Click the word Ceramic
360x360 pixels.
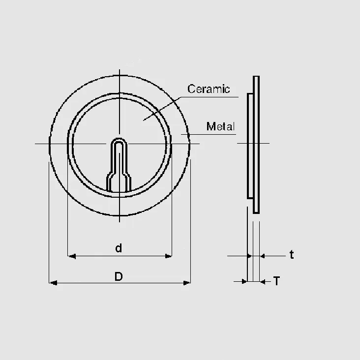[x=209, y=89]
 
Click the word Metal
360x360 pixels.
[x=221, y=126]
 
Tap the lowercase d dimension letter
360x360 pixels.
[x=119, y=248]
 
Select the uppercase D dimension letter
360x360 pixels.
[x=119, y=276]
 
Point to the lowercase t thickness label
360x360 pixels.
[x=292, y=255]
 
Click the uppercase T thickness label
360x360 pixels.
[x=277, y=281]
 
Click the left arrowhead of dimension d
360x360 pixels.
[x=72, y=256]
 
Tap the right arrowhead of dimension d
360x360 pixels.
[x=168, y=256]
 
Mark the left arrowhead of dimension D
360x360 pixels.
[x=53, y=283]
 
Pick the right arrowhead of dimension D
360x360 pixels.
[x=187, y=283]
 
